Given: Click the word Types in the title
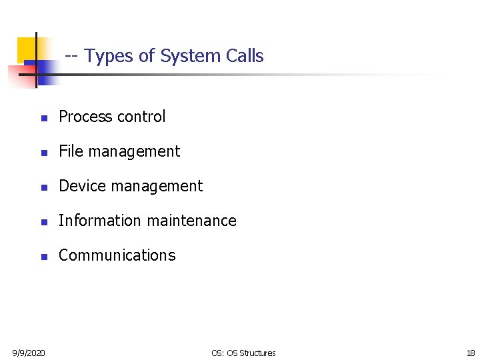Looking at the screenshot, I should click(x=110, y=57).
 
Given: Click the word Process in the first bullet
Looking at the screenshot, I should click(x=85, y=117).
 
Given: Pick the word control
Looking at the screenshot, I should click(x=141, y=117).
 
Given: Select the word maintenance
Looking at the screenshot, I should click(x=191, y=221).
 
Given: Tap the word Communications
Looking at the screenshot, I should click(x=117, y=255).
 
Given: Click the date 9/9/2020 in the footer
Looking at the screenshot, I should click(x=29, y=353).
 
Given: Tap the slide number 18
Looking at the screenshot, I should click(x=471, y=353).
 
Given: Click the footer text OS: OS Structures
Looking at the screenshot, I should click(x=243, y=353).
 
